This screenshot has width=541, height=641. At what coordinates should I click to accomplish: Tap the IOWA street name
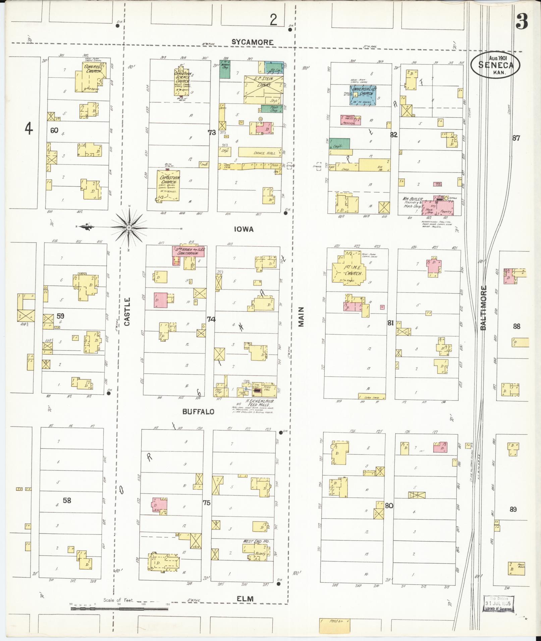[244, 229]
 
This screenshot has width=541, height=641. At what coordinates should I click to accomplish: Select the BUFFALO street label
[198, 412]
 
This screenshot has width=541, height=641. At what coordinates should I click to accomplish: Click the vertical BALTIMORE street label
[483, 308]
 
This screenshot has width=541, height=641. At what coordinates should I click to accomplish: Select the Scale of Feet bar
[119, 608]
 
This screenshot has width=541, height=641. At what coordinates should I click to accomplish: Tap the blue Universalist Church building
[363, 95]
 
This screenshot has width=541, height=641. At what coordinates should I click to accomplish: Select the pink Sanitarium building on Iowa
[189, 251]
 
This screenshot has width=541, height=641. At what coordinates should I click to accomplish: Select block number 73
[212, 133]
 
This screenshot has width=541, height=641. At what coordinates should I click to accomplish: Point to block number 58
[67, 500]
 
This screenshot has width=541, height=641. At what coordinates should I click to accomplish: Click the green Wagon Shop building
[225, 69]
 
